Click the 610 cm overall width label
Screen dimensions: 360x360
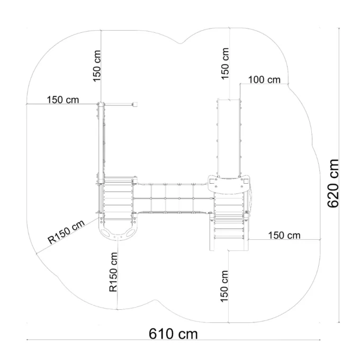coord(173,334)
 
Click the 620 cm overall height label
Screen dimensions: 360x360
coord(333,183)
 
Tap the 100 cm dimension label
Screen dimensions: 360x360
coord(264,79)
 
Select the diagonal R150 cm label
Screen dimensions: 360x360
coord(66,232)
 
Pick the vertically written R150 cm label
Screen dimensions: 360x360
coord(113,272)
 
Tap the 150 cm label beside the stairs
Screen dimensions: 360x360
coord(284,236)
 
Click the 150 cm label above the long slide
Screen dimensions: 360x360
coord(225,64)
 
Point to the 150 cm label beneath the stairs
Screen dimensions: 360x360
coord(224,286)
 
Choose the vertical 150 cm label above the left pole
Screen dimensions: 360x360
coord(97,66)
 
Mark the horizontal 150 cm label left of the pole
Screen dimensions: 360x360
coord(62,100)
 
